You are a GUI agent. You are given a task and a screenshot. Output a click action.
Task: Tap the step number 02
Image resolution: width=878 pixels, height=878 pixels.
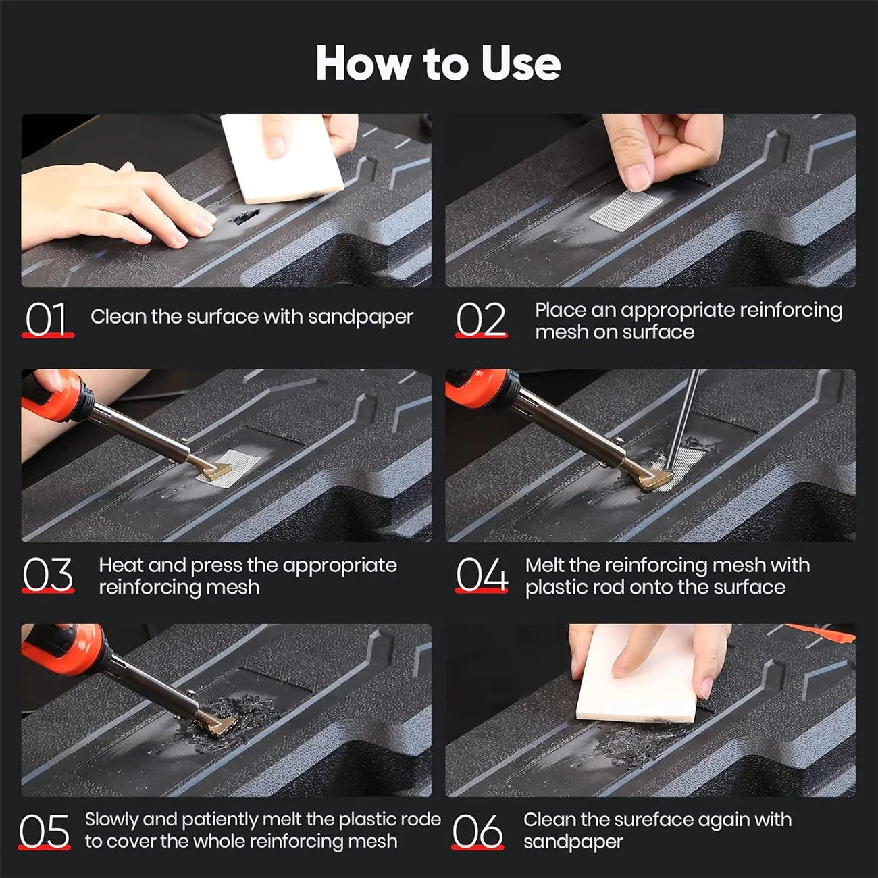(x=480, y=319)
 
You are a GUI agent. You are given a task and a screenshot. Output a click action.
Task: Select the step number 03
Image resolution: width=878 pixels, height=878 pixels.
(x=47, y=575)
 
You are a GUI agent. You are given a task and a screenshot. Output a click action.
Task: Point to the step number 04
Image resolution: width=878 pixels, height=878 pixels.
(x=481, y=575)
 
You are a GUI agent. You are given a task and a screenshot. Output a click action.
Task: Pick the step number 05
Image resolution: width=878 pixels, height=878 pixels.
(x=45, y=831)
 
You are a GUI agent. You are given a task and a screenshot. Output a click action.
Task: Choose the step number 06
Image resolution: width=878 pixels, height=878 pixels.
(x=477, y=831)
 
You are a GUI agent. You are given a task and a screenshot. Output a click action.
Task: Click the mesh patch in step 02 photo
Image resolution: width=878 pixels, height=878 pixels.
(x=626, y=210)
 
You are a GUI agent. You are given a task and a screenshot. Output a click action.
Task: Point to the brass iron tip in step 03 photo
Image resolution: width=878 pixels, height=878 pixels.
(x=214, y=471)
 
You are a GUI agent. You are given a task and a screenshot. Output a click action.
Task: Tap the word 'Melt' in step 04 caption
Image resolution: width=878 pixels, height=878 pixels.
(x=544, y=565)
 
